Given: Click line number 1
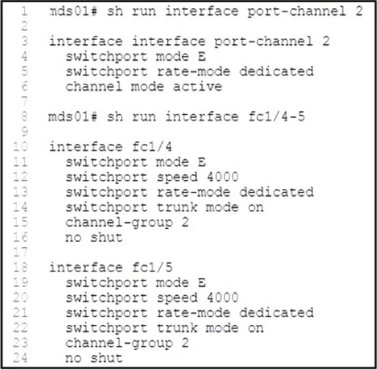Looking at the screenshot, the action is [x=24, y=11].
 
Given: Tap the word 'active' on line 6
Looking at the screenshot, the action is [x=198, y=87].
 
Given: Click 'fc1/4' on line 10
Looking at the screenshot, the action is [x=152, y=147].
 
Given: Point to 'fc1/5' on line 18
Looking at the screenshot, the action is [x=152, y=268].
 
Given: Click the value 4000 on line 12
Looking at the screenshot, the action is [x=222, y=177].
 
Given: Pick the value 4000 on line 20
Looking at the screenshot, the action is [x=222, y=298].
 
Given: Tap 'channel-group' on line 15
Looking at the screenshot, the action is [x=119, y=223].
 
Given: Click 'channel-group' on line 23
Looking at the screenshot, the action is [x=119, y=343].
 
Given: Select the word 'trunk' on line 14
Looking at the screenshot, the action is [x=177, y=207].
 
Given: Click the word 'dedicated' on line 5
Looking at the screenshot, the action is [x=277, y=71].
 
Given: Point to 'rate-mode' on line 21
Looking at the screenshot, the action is [x=194, y=313].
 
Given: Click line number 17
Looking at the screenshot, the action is [x=20, y=252].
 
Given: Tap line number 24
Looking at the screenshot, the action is [x=20, y=358].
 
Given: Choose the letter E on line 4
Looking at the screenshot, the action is [x=202, y=56].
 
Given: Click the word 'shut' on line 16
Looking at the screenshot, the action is [x=106, y=238].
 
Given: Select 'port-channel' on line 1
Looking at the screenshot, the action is [x=297, y=12].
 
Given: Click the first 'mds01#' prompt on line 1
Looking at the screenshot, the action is [x=73, y=11].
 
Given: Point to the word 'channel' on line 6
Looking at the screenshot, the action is [x=94, y=87].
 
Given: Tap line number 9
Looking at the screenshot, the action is [x=24, y=131].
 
